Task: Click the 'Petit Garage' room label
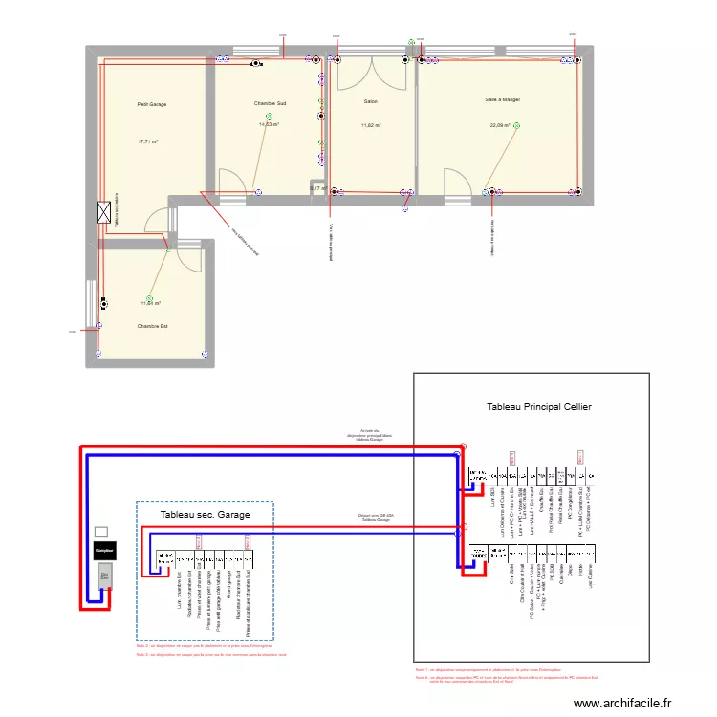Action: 151,104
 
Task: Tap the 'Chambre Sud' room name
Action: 270,102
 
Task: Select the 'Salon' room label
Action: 370,100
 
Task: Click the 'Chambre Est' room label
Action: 152,326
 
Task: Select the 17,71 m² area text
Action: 147,141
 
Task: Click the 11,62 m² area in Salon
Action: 370,125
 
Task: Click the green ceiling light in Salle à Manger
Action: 516,125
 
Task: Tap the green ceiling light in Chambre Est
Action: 149,298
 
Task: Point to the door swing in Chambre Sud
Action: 232,183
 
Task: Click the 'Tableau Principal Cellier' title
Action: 538,407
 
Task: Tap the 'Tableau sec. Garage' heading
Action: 205,515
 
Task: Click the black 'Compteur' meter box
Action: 104,552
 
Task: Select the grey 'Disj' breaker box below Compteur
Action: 104,576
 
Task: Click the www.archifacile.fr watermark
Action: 623,703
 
